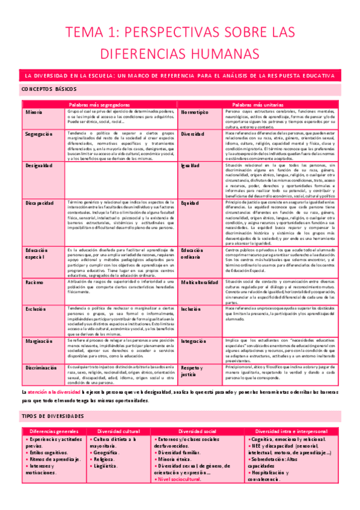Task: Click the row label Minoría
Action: tap(34, 112)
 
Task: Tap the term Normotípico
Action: tap(195, 112)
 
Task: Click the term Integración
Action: tap(196, 341)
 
